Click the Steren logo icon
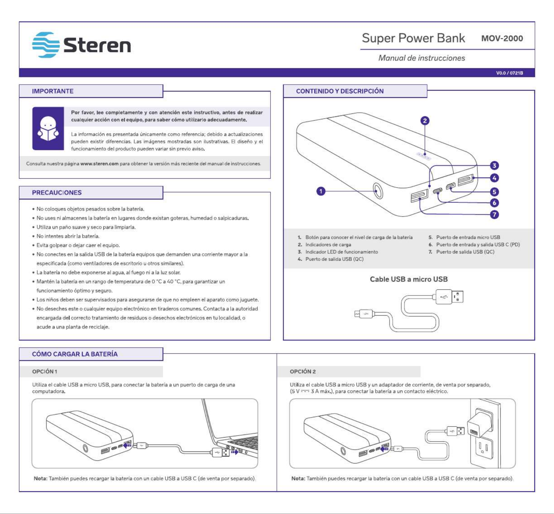pyautogui.click(x=46, y=45)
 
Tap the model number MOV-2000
pyautogui.click(x=502, y=38)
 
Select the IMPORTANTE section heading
pyautogui.click(x=53, y=91)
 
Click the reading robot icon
pyautogui.click(x=48, y=128)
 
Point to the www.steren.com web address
pyautogui.click(x=99, y=164)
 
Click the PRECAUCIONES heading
pyautogui.click(x=57, y=193)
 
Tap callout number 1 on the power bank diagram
pyautogui.click(x=321, y=191)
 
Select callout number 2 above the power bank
pyautogui.click(x=425, y=121)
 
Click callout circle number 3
pyautogui.click(x=494, y=165)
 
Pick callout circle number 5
pyautogui.click(x=494, y=192)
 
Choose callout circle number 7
pyautogui.click(x=494, y=214)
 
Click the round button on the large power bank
pyautogui.click(x=378, y=191)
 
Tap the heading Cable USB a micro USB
pyautogui.click(x=409, y=279)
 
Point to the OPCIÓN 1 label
pyautogui.click(x=44, y=372)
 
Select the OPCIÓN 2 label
pyautogui.click(x=303, y=372)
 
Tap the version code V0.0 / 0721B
pyautogui.click(x=510, y=73)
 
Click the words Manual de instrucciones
pyautogui.click(x=422, y=58)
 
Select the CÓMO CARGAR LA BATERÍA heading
pyautogui.click(x=75, y=354)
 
